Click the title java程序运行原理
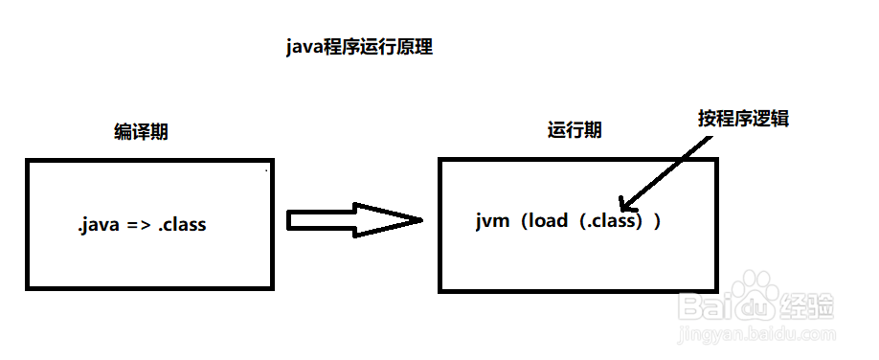[x=359, y=47]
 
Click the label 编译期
[x=141, y=132]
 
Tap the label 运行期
[x=575, y=130]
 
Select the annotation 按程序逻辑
[x=743, y=119]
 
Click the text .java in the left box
[x=100, y=226]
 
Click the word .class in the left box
[x=183, y=226]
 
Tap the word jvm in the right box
[x=490, y=220]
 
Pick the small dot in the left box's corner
[x=266, y=171]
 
